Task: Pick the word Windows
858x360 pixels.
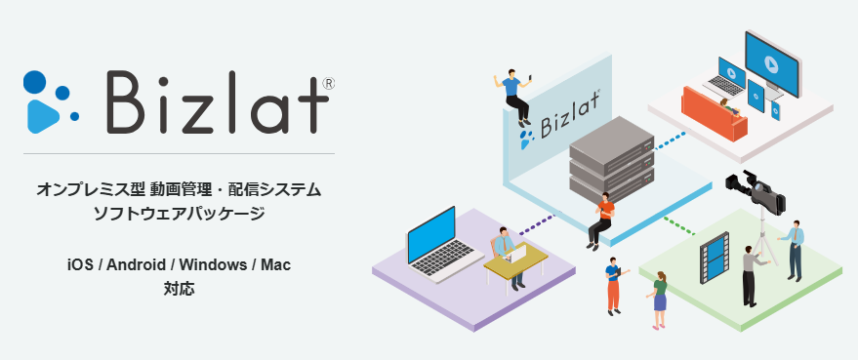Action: point(217,264)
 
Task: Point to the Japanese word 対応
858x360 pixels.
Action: point(180,289)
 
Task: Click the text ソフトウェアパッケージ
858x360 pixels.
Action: point(180,213)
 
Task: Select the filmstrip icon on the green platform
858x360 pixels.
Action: point(714,257)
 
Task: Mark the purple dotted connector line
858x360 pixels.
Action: point(537,225)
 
